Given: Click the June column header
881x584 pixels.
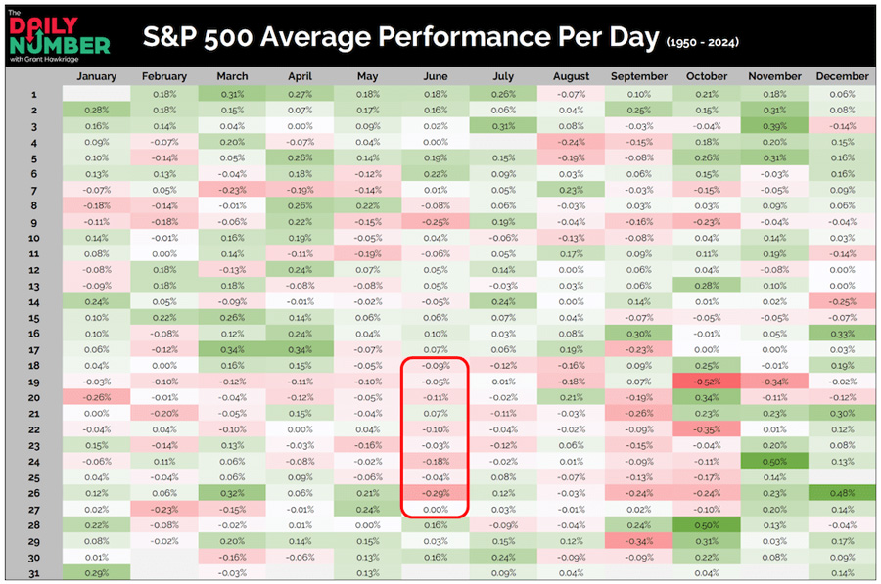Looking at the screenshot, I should pyautogui.click(x=436, y=76).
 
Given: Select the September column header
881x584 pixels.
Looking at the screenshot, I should pyautogui.click(x=638, y=76).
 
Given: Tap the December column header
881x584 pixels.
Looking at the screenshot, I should pyautogui.click(x=842, y=76).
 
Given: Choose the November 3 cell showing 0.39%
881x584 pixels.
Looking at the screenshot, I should pyautogui.click(x=774, y=127).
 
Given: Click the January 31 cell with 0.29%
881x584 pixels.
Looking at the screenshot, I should pyautogui.click(x=96, y=573).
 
